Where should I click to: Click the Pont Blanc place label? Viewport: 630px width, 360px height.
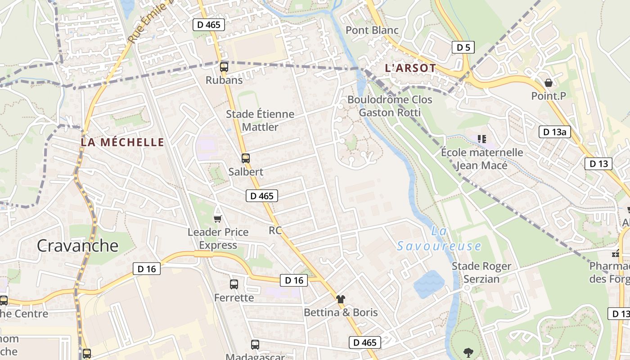pyautogui.click(x=372, y=30)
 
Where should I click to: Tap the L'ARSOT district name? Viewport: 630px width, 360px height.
pyautogui.click(x=410, y=68)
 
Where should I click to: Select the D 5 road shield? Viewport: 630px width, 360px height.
pyautogui.click(x=463, y=47)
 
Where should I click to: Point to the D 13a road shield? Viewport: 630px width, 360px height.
pyautogui.click(x=555, y=132)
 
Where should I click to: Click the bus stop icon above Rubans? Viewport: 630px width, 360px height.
pyautogui.click(x=224, y=67)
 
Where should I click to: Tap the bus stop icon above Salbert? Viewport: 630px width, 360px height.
pyautogui.click(x=245, y=158)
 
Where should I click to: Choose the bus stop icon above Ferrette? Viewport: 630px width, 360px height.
pyautogui.click(x=234, y=284)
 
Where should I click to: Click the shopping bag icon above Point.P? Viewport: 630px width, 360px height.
pyautogui.click(x=548, y=83)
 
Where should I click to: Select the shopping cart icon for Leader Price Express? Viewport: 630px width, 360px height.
pyautogui.click(x=218, y=219)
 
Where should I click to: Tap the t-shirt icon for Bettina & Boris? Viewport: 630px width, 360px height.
pyautogui.click(x=341, y=299)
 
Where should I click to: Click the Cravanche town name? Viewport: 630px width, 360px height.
pyautogui.click(x=77, y=246)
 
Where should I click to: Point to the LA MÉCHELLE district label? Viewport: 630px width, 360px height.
pyautogui.click(x=122, y=143)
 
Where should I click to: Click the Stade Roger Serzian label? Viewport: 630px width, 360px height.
pyautogui.click(x=481, y=273)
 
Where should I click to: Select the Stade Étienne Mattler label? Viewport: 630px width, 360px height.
pyautogui.click(x=260, y=121)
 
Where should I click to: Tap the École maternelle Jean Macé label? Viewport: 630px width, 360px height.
pyautogui.click(x=482, y=159)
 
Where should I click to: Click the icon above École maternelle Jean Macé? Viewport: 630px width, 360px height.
pyautogui.click(x=482, y=139)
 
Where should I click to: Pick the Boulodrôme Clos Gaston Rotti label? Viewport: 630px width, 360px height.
pyautogui.click(x=390, y=106)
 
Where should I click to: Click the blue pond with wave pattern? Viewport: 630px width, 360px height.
pyautogui.click(x=429, y=284)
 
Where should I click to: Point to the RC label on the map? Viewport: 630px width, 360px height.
pyautogui.click(x=275, y=230)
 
